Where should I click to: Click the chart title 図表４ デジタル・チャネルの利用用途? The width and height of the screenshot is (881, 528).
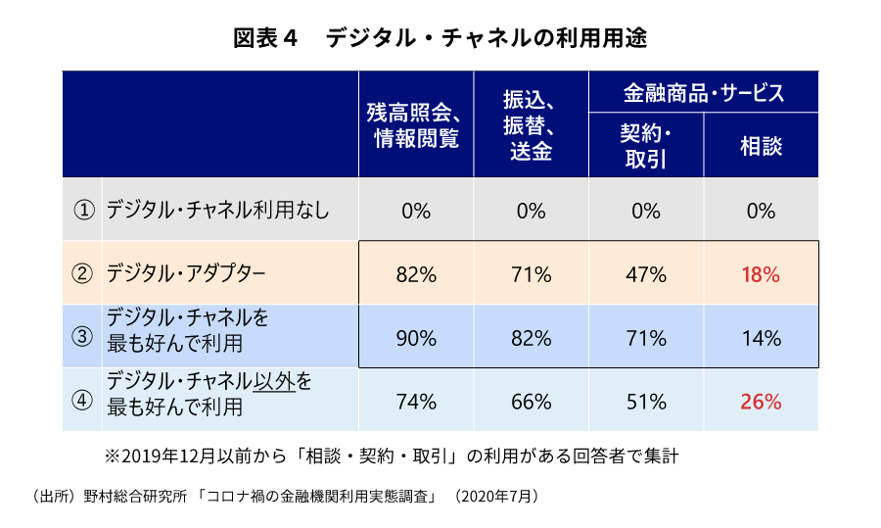tap(440, 38)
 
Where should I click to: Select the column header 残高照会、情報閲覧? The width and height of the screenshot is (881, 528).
tap(416, 124)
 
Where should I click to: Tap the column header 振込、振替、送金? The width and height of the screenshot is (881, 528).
tap(531, 124)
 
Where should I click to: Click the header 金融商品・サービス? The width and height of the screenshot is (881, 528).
tap(703, 93)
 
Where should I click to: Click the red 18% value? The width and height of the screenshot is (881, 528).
tap(761, 275)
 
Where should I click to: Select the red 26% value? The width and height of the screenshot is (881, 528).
tap(761, 401)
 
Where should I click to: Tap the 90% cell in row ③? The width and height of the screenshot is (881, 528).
tap(416, 339)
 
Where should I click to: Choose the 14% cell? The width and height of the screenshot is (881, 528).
tap(761, 339)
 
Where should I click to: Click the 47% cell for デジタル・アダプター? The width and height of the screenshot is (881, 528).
tap(645, 275)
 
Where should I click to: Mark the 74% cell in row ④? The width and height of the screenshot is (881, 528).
tap(416, 401)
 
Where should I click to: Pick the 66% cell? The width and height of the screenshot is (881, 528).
tap(531, 401)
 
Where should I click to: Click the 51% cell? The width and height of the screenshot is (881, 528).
tap(645, 401)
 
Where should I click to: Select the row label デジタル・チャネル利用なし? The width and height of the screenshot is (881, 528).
tap(217, 211)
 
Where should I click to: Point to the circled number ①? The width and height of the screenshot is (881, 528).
tap(83, 211)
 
